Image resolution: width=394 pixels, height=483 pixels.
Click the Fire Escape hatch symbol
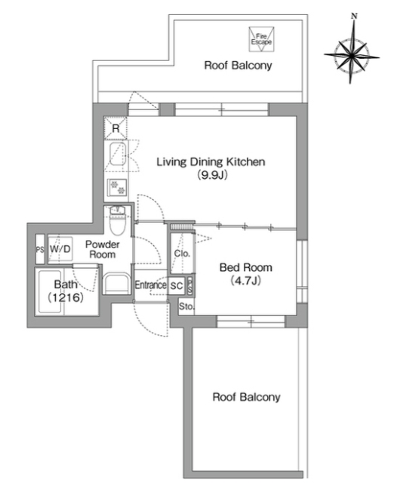click(x=261, y=39)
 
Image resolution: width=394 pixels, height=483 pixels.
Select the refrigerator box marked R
click(x=115, y=128)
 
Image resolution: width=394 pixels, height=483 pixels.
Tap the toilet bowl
click(x=117, y=225)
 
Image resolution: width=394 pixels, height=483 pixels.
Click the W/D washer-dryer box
click(x=60, y=249)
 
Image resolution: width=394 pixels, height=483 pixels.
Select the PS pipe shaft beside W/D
click(x=40, y=250)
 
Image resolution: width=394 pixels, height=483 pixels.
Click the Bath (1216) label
click(x=66, y=291)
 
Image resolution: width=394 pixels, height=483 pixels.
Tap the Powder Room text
click(x=102, y=249)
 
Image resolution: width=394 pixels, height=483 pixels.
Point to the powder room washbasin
click(x=115, y=284)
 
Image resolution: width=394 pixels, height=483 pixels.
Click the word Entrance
click(x=151, y=285)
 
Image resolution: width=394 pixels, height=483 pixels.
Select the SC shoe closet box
click(x=177, y=285)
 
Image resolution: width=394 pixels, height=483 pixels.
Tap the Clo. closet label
click(x=182, y=254)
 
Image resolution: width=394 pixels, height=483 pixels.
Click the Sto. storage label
click(x=186, y=306)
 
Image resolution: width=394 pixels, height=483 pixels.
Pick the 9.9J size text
click(x=213, y=175)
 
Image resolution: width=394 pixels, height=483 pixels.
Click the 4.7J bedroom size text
click(x=245, y=281)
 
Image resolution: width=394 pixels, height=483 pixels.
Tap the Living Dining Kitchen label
click(x=211, y=162)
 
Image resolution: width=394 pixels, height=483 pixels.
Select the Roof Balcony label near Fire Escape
click(x=238, y=66)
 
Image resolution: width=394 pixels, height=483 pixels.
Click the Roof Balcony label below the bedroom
click(x=247, y=397)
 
